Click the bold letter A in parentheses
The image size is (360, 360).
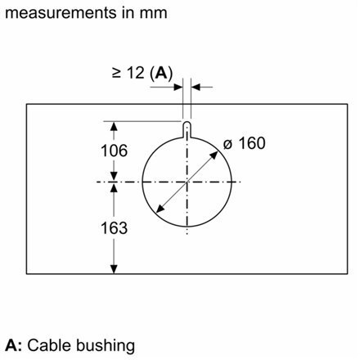click(164, 73)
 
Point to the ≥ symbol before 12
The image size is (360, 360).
click(116, 73)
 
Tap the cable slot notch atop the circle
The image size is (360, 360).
click(187, 127)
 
